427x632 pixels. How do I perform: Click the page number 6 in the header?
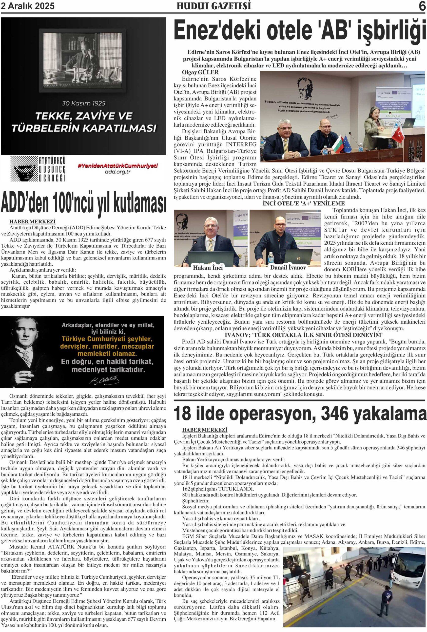tap(422, 6)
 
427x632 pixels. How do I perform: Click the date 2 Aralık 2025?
tap(28, 6)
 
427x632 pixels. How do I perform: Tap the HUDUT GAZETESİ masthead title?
tap(214, 6)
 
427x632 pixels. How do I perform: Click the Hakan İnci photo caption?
tap(208, 268)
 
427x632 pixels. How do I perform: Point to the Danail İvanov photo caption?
tap(288, 268)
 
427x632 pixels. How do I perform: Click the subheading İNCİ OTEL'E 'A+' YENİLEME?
tap(304, 203)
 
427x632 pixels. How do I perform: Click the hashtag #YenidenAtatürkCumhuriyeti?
tap(117, 166)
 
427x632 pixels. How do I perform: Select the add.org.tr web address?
tap(117, 172)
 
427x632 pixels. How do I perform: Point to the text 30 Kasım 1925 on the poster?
tap(83, 103)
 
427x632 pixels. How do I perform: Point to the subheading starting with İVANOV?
tap(304, 335)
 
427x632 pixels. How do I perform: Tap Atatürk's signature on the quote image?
tap(104, 380)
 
